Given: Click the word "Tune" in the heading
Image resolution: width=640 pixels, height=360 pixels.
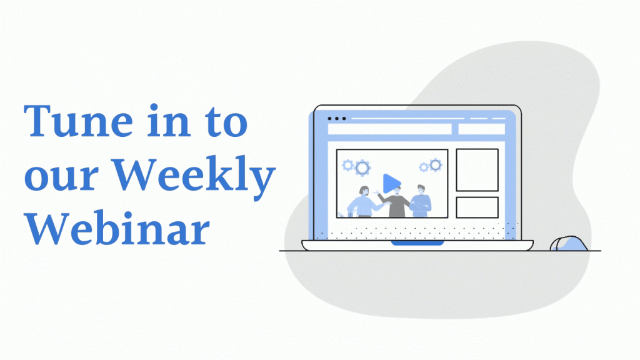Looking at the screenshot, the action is [78, 121].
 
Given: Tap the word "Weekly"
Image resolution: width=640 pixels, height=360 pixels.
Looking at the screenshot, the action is [194, 176].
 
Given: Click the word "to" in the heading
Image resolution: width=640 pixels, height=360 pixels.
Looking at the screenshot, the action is [226, 122].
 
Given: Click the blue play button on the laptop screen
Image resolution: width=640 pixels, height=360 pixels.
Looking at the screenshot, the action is [391, 183].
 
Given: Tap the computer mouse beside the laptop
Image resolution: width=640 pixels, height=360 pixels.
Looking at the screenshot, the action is [569, 244].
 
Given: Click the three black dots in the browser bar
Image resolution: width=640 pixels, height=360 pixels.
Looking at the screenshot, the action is [337, 119].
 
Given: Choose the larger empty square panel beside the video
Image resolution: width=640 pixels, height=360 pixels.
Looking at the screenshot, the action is [477, 170].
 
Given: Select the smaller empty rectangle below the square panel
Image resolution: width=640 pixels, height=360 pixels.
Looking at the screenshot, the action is [477, 207].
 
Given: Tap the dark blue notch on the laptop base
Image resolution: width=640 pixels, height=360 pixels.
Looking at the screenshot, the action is [417, 243].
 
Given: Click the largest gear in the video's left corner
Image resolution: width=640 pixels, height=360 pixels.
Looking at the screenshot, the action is [362, 167].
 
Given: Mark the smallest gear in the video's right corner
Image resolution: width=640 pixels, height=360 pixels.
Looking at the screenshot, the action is [424, 166].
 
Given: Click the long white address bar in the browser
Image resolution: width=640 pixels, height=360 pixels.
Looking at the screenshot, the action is [389, 129].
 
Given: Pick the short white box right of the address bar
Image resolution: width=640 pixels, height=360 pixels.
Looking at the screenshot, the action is [482, 129].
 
